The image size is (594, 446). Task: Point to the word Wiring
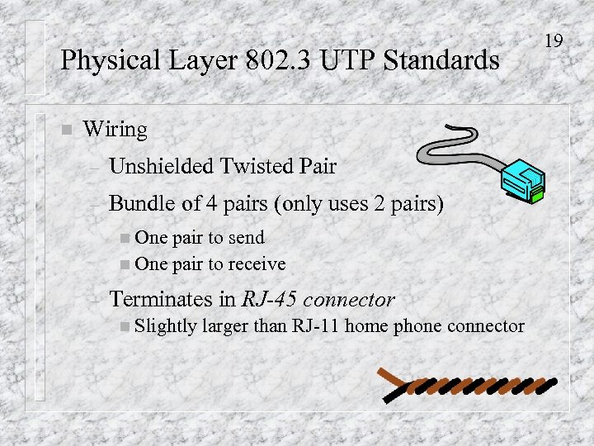(x=115, y=130)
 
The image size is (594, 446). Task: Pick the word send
(x=246, y=238)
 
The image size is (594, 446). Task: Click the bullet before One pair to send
(x=125, y=239)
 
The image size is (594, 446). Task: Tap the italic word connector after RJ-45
(x=352, y=299)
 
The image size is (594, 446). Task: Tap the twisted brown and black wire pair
(x=470, y=385)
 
